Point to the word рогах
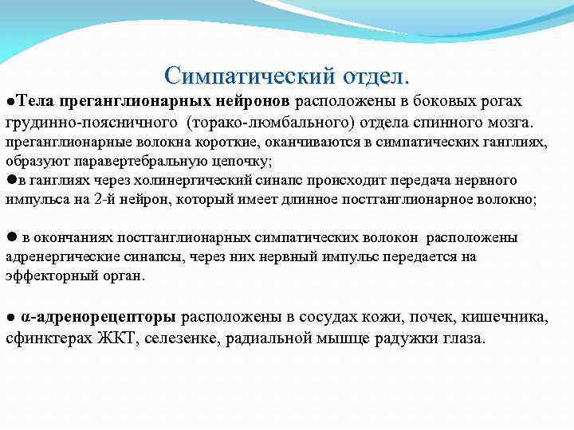(501, 101)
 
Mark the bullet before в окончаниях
(11, 237)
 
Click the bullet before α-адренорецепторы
(10, 318)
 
